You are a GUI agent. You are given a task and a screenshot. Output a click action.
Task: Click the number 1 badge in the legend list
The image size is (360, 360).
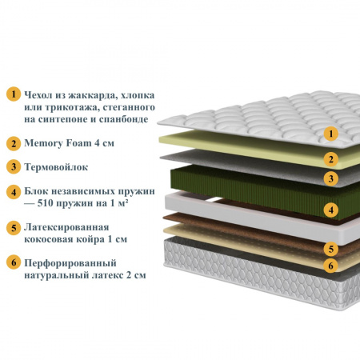tap(14, 94)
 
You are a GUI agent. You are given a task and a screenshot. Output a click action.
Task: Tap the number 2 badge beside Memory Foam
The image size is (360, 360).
tap(14, 143)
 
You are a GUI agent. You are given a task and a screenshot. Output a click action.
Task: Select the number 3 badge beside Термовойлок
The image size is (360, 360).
tap(14, 166)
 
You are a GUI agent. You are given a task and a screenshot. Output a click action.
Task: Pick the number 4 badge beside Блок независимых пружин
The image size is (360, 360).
tap(14, 192)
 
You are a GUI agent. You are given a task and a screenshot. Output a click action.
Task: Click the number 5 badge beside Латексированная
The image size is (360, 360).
tap(14, 228)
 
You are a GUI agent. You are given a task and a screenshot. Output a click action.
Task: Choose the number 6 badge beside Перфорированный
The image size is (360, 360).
tap(14, 262)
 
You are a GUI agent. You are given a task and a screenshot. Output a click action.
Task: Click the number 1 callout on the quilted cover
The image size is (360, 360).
tap(331, 134)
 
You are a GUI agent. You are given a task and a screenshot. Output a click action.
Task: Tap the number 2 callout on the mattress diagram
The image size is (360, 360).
tap(331, 159)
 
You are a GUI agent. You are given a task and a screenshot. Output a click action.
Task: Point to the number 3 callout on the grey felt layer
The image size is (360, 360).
tap(331, 178)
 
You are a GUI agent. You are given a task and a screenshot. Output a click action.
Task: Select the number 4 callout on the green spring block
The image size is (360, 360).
tap(331, 210)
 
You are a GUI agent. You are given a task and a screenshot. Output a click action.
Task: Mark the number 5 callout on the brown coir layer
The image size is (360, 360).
tap(331, 249)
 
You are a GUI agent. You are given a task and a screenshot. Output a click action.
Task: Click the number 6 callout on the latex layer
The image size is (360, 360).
tap(331, 266)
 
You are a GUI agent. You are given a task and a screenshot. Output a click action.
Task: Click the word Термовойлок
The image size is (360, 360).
tap(56, 167)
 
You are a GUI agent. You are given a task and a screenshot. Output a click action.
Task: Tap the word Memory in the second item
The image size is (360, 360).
tap(43, 143)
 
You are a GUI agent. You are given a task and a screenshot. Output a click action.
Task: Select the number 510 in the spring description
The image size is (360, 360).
tap(46, 203)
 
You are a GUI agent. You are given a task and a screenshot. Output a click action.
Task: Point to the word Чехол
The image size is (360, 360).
tap(38, 95)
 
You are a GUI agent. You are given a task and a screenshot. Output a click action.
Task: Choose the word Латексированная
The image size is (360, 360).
tap(66, 227)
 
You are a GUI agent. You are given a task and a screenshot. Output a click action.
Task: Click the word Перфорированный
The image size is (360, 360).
tap(70, 263)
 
